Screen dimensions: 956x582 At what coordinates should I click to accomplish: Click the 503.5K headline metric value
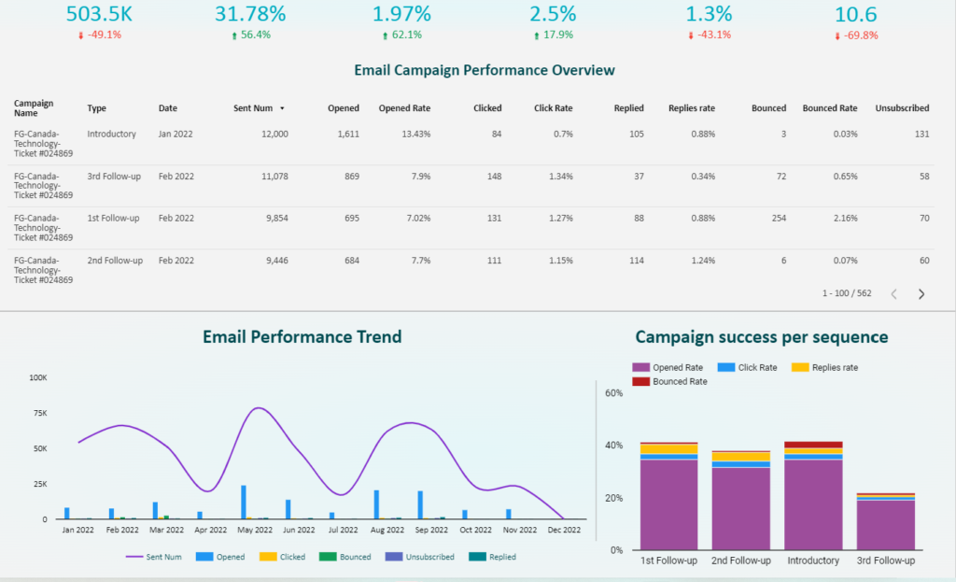coord(99,14)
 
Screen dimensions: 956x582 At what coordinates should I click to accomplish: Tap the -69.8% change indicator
coord(856,35)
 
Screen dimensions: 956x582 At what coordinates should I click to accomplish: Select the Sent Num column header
coord(253,108)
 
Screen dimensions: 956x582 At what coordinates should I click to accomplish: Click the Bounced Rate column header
coord(830,108)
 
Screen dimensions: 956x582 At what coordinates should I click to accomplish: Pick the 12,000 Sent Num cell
coord(275,134)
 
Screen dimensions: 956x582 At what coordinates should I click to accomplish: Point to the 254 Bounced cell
coord(779,218)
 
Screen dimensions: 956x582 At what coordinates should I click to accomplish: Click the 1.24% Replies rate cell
coord(703,261)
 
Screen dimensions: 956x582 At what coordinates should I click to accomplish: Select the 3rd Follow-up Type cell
coord(114,177)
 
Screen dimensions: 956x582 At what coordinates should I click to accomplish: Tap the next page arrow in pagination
coord(921,294)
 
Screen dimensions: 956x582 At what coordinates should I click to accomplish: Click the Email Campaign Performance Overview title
coord(485,70)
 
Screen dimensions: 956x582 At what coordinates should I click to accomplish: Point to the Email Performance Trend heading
coord(302,336)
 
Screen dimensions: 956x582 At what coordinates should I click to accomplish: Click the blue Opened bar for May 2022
coord(244,502)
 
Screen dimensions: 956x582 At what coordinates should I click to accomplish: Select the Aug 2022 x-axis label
coord(387,530)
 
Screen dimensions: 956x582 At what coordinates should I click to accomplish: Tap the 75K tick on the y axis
coord(40,413)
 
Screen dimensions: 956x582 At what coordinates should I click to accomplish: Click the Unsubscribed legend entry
coord(420,557)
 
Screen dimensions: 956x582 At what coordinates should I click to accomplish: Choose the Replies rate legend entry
coord(825,367)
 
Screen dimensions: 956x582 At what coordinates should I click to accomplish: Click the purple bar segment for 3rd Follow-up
coord(885,525)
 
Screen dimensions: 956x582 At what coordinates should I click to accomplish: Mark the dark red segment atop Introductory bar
coord(813,445)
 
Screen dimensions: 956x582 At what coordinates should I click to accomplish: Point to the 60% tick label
coord(614,393)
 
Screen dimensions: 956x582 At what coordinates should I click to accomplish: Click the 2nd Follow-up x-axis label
coord(740,560)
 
